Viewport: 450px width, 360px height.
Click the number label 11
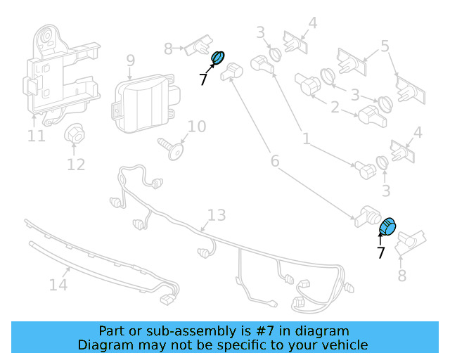(x=37, y=135)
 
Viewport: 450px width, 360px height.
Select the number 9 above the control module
(x=130, y=61)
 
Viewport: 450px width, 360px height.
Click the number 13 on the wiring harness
(x=217, y=214)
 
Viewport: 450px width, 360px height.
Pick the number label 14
(x=58, y=284)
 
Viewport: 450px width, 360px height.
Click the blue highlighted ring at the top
(x=219, y=58)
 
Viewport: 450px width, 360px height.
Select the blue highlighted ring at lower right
(x=388, y=226)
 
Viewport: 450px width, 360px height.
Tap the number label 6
(x=275, y=162)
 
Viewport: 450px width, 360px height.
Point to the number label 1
(x=306, y=139)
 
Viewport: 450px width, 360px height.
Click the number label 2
(x=335, y=108)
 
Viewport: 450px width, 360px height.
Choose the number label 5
(x=385, y=47)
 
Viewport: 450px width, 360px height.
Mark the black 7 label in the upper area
(x=203, y=80)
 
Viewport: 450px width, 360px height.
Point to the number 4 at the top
(x=312, y=22)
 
